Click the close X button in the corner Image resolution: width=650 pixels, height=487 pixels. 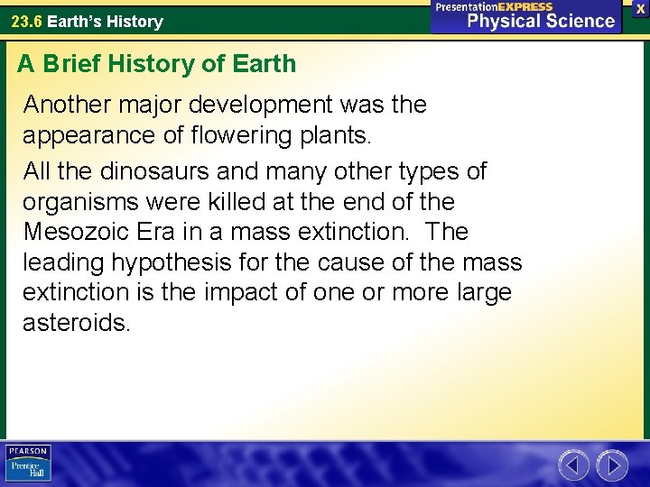(640, 8)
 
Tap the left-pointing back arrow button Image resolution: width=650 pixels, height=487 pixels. (573, 465)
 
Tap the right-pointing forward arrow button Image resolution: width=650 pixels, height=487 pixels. (612, 465)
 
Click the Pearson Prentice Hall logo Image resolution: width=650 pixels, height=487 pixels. (29, 463)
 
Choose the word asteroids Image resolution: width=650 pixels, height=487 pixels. (76, 323)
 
